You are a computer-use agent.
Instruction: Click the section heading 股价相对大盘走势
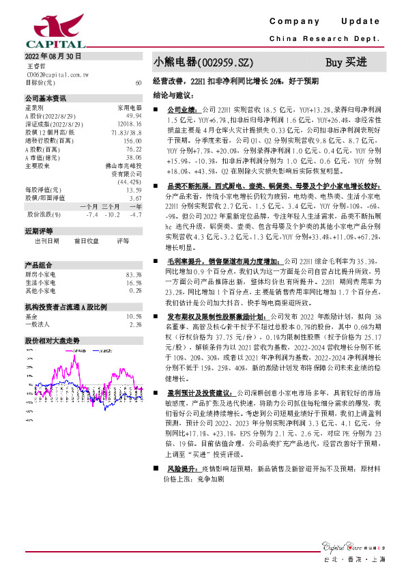pos(53,339)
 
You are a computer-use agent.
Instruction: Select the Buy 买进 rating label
pos(346,62)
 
